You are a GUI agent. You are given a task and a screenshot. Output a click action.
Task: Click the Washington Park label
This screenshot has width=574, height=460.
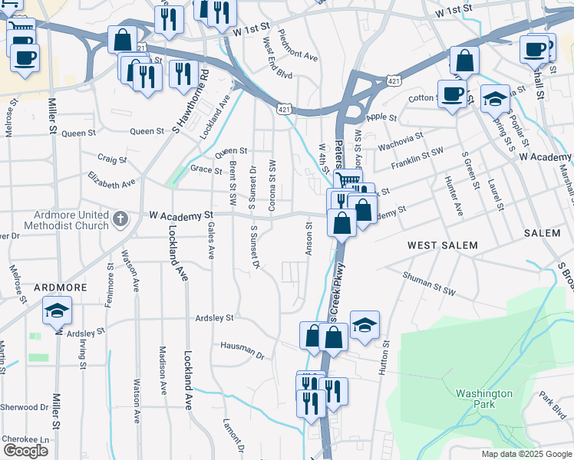(x=483, y=399)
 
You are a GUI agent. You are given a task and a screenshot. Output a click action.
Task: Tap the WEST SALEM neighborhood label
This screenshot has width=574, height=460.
(x=442, y=245)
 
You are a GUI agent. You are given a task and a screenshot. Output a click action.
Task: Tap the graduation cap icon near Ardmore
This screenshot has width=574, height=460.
(x=57, y=311)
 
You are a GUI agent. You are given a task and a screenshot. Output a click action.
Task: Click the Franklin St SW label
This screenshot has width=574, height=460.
(x=417, y=158)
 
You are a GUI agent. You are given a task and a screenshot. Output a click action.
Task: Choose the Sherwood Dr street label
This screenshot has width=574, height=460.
(x=24, y=407)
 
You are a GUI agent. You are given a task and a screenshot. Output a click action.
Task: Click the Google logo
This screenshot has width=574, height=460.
(x=25, y=450)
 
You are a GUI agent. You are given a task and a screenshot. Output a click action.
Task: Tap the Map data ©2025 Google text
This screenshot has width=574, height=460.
(x=525, y=454)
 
